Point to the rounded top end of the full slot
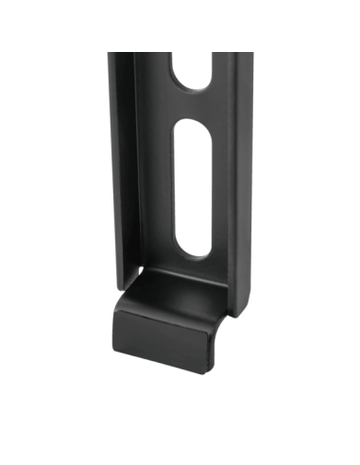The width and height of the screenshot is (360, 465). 192,130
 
